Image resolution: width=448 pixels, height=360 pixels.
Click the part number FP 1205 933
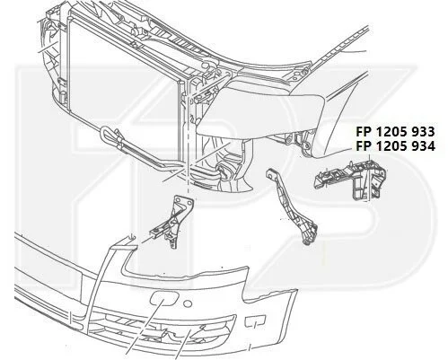pos(395,131)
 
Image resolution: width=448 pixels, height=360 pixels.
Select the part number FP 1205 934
pos(395,146)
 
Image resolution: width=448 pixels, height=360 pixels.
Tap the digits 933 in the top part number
pos(422,131)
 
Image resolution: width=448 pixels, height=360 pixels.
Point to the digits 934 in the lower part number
pos(422,146)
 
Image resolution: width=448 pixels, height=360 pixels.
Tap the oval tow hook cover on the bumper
pos(164,299)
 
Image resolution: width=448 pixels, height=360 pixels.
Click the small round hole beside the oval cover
pos(188,303)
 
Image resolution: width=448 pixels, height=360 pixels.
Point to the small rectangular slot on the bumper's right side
pos(255,320)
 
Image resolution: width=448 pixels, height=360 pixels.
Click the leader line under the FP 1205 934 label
pos(370,177)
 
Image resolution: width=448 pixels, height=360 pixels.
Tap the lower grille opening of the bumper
pos(162,328)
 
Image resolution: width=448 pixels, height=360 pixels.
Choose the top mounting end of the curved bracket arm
pos(271,174)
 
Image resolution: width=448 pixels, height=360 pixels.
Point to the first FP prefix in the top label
pos(363,131)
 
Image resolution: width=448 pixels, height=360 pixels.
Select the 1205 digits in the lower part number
pos(390,146)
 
